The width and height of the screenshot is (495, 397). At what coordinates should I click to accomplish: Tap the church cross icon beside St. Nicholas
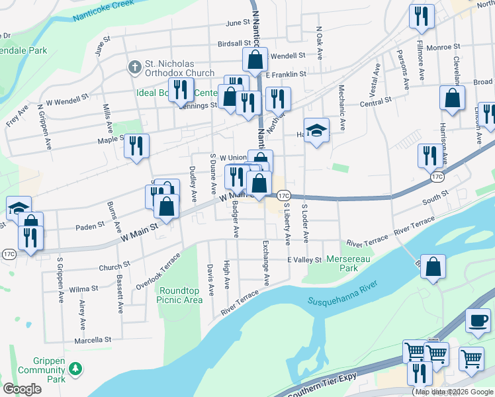pos(134,67)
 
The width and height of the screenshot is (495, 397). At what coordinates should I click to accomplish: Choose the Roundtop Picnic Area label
pos(179,294)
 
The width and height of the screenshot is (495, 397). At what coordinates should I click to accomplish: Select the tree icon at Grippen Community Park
pos(76,367)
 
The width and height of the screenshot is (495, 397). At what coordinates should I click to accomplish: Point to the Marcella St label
pos(92,340)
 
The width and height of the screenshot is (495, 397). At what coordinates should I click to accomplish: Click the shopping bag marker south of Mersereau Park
pos(432,268)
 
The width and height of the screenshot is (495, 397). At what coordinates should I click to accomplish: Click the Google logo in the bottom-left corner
pos(22,389)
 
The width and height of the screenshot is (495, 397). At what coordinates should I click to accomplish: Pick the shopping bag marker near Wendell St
pos(255,61)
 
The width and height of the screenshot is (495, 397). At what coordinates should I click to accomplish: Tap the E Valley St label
pos(304,260)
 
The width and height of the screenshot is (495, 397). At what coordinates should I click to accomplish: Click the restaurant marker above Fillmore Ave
pos(422,17)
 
